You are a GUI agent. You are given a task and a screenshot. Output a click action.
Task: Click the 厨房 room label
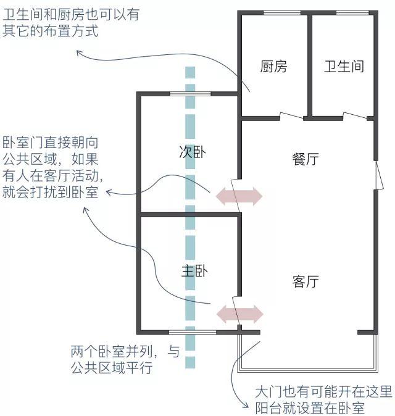(273, 67)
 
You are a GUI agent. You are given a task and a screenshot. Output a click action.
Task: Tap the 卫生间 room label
(344, 67)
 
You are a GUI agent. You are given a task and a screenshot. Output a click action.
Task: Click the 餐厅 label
(305, 158)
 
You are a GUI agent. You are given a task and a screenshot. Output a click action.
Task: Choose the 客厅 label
(305, 281)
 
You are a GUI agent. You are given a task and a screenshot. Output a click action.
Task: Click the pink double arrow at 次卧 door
(238, 196)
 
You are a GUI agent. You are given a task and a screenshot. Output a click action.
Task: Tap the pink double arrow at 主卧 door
(238, 312)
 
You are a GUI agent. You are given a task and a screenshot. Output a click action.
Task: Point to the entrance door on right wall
(376, 176)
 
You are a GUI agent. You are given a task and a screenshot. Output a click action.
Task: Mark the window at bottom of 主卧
(193, 333)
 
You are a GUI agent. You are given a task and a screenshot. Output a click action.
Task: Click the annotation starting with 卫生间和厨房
(71, 22)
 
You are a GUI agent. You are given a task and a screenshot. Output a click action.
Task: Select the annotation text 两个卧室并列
(126, 360)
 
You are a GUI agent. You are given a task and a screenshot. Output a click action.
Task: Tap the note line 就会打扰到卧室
(50, 191)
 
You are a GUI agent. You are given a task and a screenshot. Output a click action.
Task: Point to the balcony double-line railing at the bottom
(309, 370)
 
